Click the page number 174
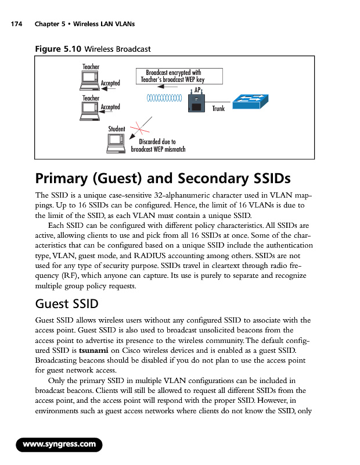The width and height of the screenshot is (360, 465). click(x=16, y=24)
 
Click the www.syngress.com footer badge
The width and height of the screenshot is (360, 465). click(x=59, y=445)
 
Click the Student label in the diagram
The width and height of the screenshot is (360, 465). click(x=117, y=128)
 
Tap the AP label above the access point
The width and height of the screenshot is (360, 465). click(x=197, y=90)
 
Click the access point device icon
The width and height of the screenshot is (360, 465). click(x=196, y=103)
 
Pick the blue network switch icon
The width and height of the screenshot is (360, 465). click(x=251, y=102)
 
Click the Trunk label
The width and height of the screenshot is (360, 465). click(x=218, y=109)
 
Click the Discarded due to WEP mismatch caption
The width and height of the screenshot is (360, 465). click(x=157, y=145)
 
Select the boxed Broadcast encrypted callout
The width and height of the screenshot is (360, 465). click(x=172, y=76)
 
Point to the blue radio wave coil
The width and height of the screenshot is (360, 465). click(x=165, y=98)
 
